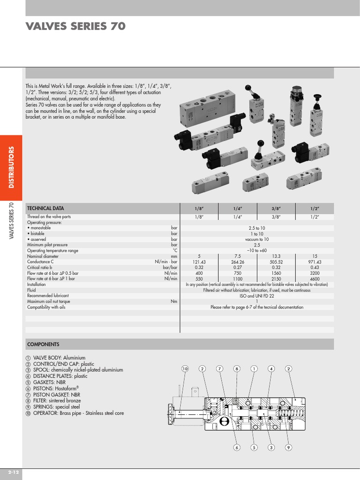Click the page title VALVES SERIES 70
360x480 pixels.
[75, 27]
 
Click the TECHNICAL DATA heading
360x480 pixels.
[45, 208]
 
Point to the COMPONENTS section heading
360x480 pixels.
[43, 344]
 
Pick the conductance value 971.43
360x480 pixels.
[315, 262]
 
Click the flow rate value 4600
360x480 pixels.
[315, 279]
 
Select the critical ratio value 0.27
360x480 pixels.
[238, 268]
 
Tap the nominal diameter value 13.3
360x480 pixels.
[276, 256]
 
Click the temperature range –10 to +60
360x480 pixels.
[257, 251]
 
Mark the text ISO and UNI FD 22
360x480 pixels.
[257, 296]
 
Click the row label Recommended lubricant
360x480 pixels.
[48, 296]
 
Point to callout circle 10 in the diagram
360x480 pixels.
[185, 369]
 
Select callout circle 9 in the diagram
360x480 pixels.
[288, 447]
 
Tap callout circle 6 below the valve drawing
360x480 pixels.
[237, 447]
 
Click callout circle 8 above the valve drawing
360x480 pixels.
[237, 369]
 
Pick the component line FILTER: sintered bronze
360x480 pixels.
[54, 401]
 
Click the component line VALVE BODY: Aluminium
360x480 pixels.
[56, 358]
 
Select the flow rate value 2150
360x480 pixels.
[276, 279]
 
